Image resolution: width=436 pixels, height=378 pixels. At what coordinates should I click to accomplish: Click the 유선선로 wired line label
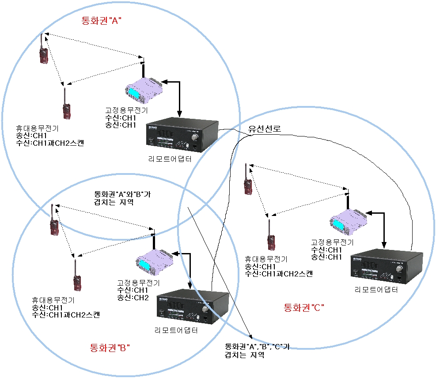[x=264, y=129]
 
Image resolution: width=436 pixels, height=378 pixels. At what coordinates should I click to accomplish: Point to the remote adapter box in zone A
[x=182, y=135]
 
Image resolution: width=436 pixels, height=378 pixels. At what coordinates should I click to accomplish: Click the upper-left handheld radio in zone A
[x=43, y=52]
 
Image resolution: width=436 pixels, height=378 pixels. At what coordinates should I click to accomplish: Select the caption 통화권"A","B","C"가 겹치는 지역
[x=257, y=350]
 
